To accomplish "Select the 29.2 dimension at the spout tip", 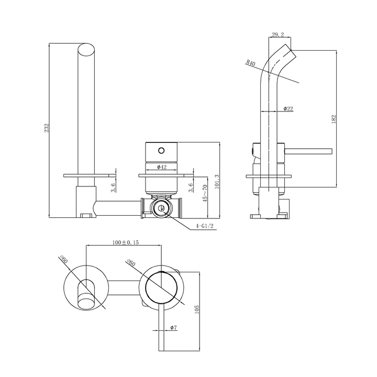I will tap(278, 35).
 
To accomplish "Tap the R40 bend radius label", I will tap(250, 65).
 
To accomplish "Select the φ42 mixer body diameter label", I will tap(161, 167).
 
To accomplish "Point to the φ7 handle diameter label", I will tap(173, 327).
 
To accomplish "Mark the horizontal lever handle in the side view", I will tap(309, 152).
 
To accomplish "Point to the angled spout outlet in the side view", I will tap(289, 52).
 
